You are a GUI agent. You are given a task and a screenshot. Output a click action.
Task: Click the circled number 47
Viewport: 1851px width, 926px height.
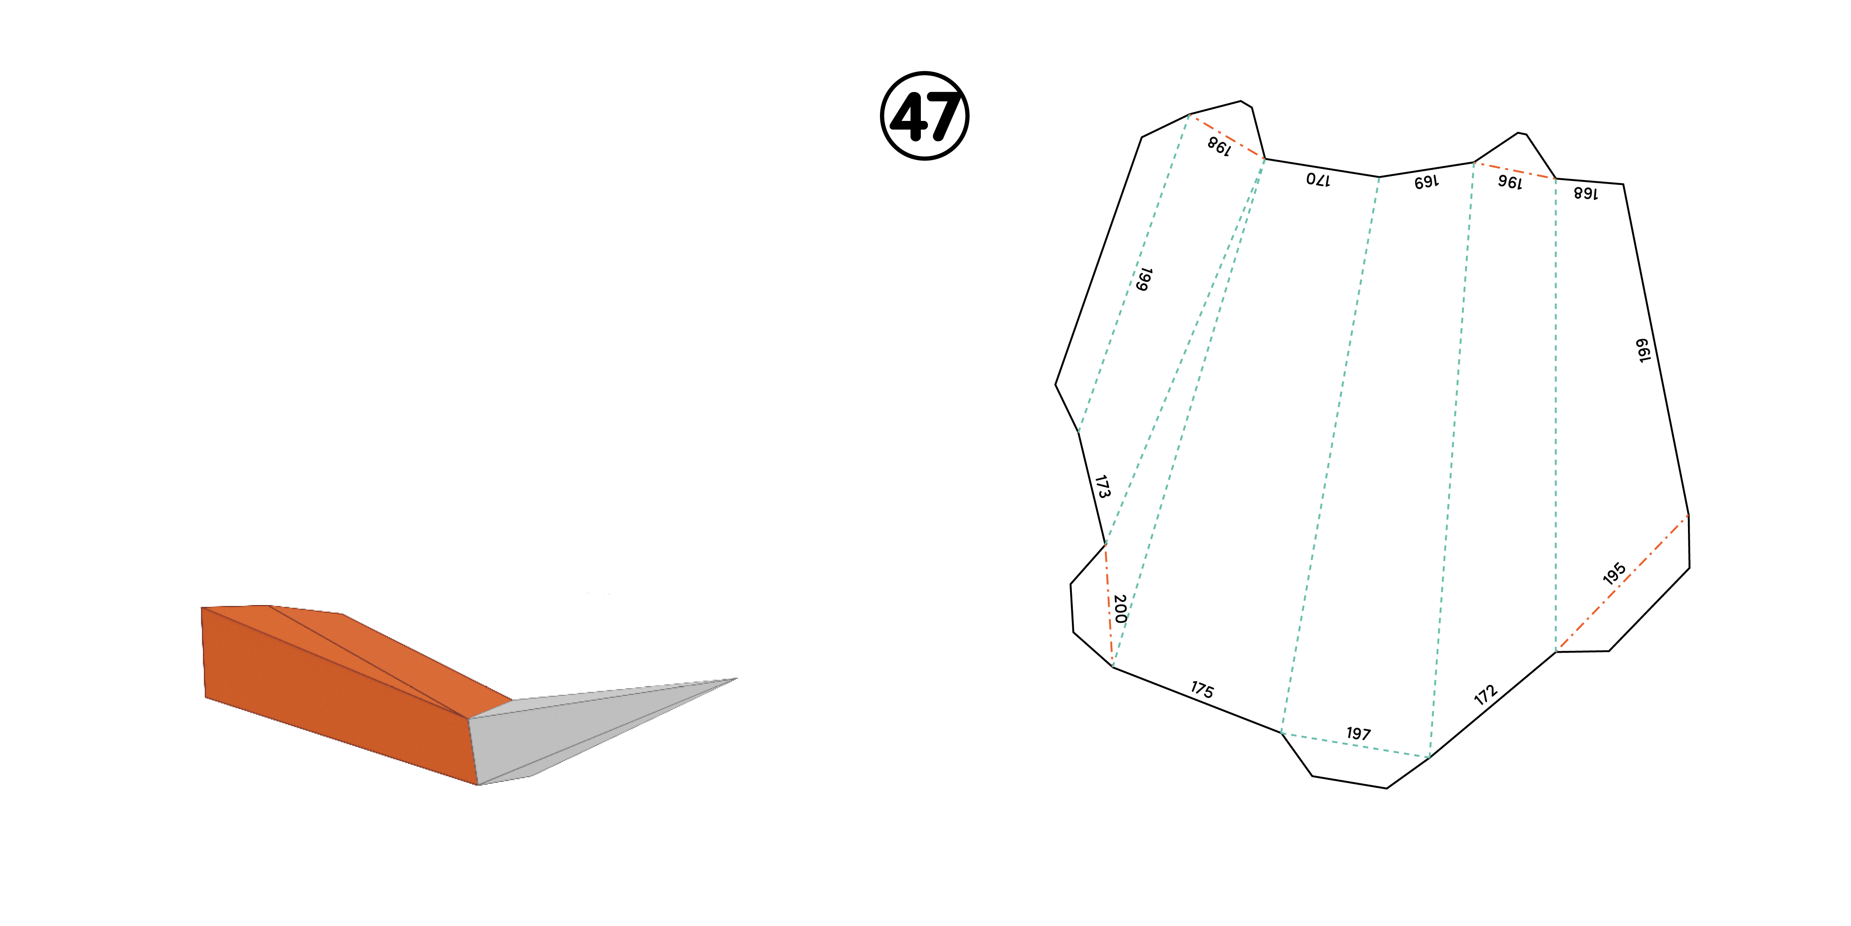pyautogui.click(x=925, y=116)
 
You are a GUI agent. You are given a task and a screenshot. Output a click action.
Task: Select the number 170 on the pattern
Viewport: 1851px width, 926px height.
pyautogui.click(x=1318, y=179)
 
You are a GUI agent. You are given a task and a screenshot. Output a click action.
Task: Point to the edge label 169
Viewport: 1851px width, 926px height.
pyautogui.click(x=1426, y=182)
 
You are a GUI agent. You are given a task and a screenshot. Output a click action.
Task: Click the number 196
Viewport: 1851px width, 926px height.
pyautogui.click(x=1510, y=182)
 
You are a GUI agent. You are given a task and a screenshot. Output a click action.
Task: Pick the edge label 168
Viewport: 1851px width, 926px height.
pyautogui.click(x=1586, y=192)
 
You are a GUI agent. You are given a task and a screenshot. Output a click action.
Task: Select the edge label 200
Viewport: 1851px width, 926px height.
pyautogui.click(x=1119, y=608)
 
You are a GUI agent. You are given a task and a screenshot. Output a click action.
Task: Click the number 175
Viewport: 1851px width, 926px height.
pyautogui.click(x=1202, y=689)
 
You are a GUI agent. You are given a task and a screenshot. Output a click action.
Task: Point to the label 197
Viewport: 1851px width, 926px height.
pyautogui.click(x=1358, y=734)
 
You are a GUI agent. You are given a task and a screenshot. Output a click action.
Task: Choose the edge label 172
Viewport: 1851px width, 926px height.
pyautogui.click(x=1486, y=694)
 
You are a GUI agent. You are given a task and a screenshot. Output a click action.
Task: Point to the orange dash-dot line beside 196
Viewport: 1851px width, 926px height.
pyautogui.click(x=1515, y=170)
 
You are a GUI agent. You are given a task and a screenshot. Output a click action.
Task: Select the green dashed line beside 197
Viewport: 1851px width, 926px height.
pyautogui.click(x=1356, y=745)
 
